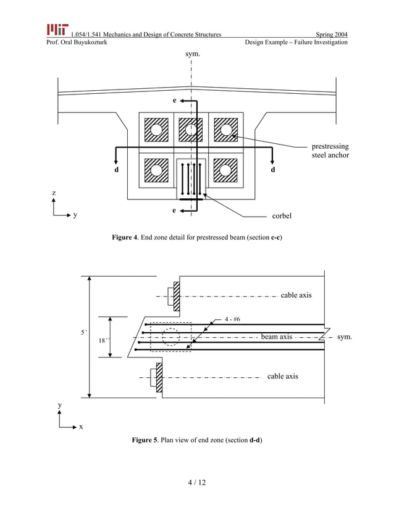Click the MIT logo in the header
[57, 29]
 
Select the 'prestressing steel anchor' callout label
[330, 151]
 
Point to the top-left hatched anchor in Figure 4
[156, 130]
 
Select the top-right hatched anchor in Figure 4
[226, 130]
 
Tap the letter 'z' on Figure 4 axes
[54, 193]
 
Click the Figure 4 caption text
[196, 238]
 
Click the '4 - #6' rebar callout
[232, 319]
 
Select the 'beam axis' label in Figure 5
[276, 337]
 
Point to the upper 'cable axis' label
[296, 295]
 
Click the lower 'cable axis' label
[283, 376]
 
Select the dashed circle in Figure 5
[171, 337]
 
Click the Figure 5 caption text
[196, 440]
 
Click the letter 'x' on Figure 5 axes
[81, 427]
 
